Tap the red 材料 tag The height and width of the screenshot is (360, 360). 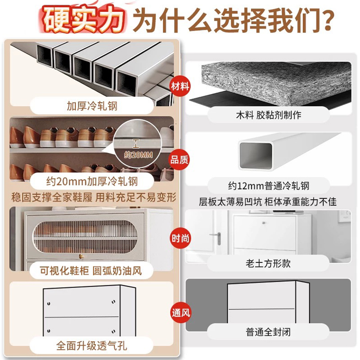pyautogui.click(x=179, y=85)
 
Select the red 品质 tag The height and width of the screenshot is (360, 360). pyautogui.click(x=179, y=160)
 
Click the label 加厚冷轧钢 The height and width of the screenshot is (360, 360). pyautogui.click(x=92, y=106)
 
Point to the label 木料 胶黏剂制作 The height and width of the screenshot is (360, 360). pyautogui.click(x=269, y=115)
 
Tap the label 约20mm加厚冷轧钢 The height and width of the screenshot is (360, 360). pyautogui.click(x=92, y=182)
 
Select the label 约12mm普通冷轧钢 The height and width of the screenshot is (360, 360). pyautogui.click(x=269, y=185)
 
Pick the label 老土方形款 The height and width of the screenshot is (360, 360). pyautogui.click(x=269, y=263)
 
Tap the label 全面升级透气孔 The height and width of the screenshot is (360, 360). pyautogui.click(x=92, y=346)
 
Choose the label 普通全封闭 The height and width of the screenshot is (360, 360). pyautogui.click(x=269, y=332)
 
